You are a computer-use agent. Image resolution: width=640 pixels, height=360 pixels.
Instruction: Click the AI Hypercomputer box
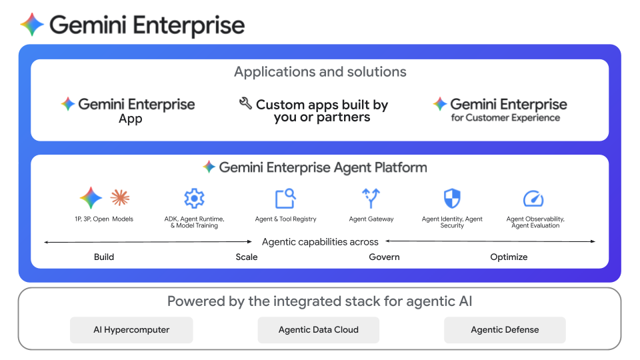(x=131, y=329)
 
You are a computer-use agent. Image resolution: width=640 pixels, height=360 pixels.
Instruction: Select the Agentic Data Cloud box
(x=319, y=329)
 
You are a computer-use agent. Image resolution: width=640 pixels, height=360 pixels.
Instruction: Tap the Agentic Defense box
(x=505, y=329)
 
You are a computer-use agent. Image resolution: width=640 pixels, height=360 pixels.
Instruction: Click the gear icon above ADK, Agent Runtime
(x=194, y=198)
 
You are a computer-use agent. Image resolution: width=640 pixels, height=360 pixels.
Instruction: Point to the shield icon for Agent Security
(x=452, y=198)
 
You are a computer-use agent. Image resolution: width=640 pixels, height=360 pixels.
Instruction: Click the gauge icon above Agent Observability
(x=534, y=199)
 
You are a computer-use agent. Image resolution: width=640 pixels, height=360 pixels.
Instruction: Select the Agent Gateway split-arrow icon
(x=371, y=198)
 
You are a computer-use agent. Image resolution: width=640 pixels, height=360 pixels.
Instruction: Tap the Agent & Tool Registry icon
(x=285, y=198)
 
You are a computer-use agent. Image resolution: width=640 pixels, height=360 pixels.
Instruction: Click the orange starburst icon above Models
(x=120, y=197)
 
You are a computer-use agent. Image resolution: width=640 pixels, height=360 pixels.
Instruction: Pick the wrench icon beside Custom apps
(x=245, y=103)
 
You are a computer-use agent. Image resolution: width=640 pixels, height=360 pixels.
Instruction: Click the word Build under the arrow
(x=104, y=257)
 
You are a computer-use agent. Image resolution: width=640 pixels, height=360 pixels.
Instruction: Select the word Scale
(x=247, y=257)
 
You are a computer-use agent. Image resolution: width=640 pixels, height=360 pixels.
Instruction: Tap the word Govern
(x=385, y=257)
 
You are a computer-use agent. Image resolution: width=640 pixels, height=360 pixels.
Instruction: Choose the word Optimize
(x=509, y=257)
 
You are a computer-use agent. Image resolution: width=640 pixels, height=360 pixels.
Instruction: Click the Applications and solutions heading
(x=320, y=72)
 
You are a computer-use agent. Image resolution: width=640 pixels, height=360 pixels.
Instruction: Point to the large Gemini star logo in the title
(x=32, y=25)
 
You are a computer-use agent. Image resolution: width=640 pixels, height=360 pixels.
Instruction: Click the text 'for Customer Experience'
(x=505, y=118)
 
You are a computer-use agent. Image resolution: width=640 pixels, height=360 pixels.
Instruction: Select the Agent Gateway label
(x=371, y=219)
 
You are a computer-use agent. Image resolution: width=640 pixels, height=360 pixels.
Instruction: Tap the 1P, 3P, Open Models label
(x=104, y=219)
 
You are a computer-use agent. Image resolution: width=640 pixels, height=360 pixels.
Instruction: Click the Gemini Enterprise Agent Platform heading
(x=323, y=167)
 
